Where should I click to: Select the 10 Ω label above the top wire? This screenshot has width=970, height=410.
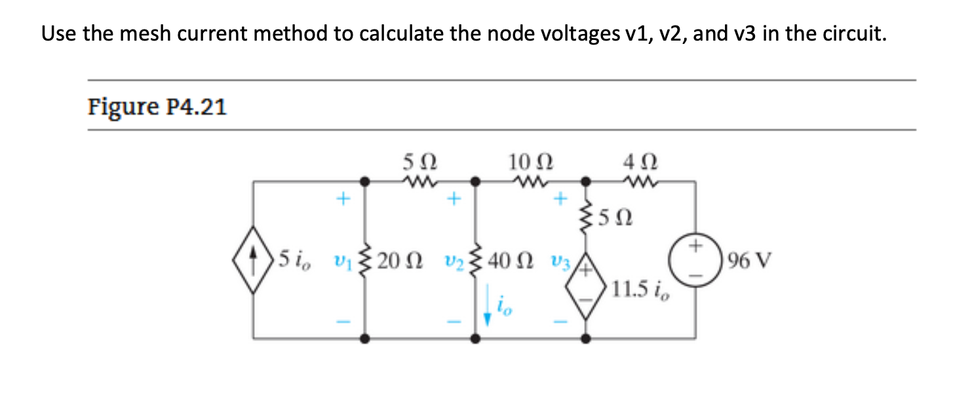530,160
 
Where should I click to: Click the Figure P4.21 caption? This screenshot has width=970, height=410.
157,106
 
